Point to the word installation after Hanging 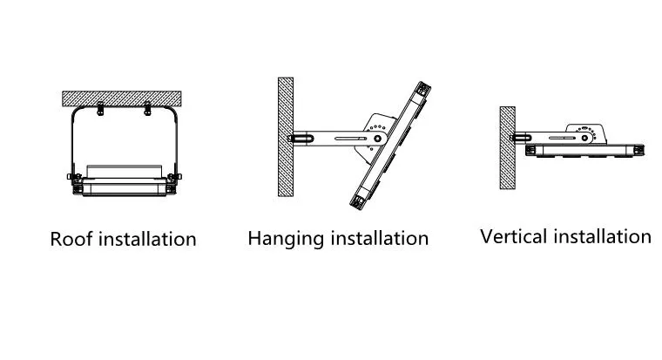pyautogui.click(x=378, y=238)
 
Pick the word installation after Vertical pyautogui.click(x=600, y=236)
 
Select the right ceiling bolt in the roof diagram pyautogui.click(x=147, y=109)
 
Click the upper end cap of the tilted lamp pyautogui.click(x=422, y=90)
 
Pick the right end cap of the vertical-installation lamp pyautogui.click(x=638, y=149)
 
